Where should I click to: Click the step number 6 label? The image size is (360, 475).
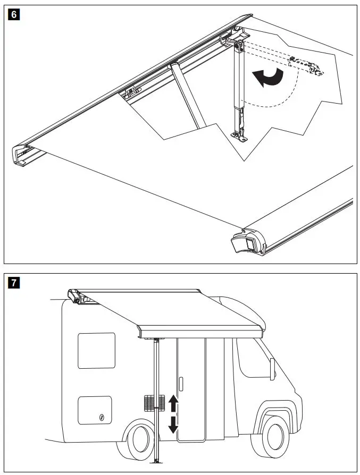pyautogui.click(x=14, y=14)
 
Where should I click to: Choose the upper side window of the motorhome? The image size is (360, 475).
pyautogui.click(x=96, y=350)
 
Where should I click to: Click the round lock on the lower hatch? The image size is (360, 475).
pyautogui.click(x=102, y=419)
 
